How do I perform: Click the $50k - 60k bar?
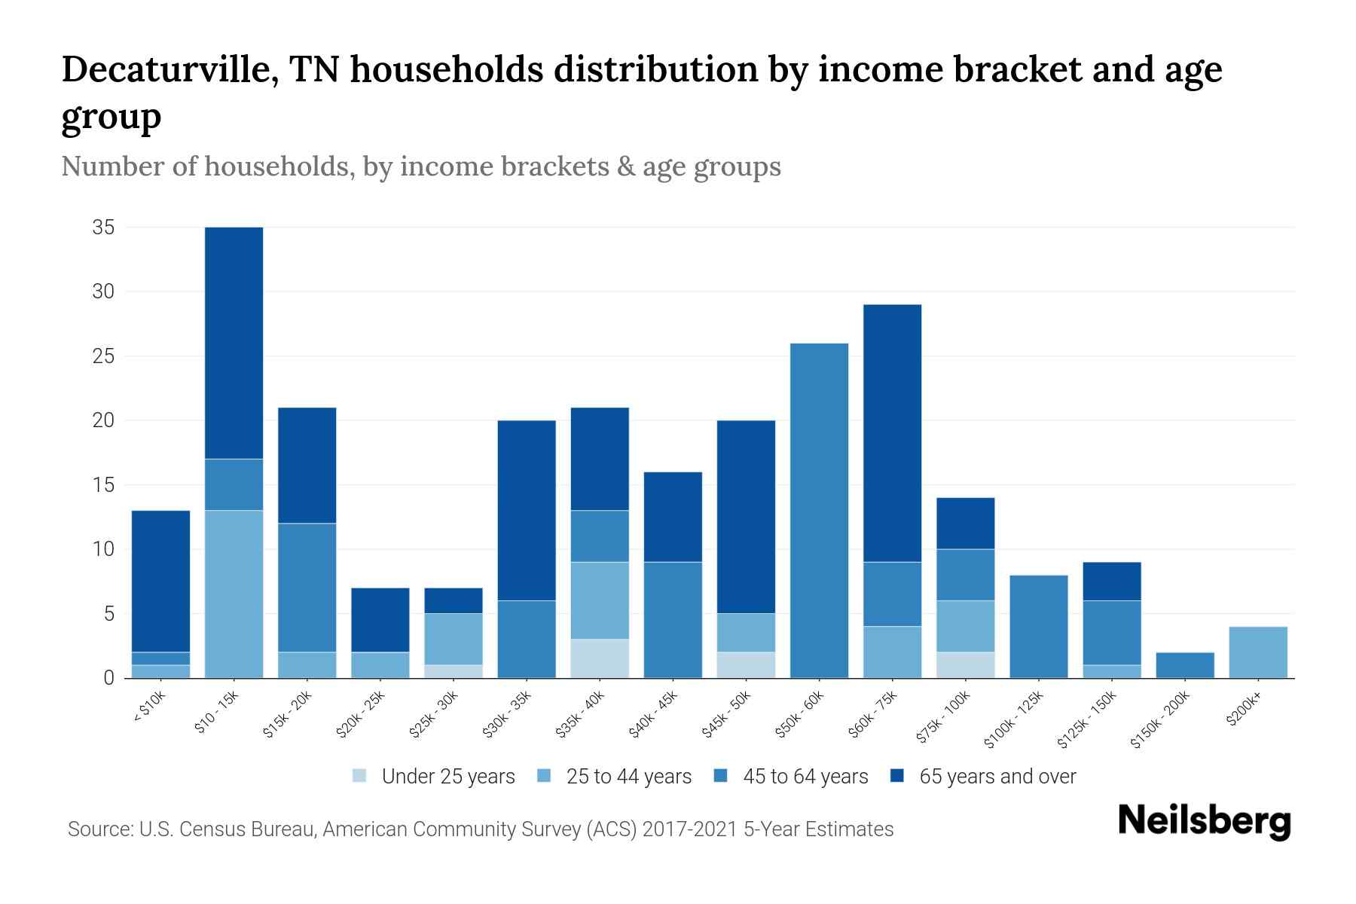click(819, 511)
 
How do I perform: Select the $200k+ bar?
click(1257, 652)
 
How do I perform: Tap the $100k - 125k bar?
click(1038, 627)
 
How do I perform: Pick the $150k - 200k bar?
click(1184, 665)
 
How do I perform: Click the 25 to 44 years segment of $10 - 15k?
click(234, 594)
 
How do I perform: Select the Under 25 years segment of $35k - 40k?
click(600, 658)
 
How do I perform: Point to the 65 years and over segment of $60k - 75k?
click(892, 433)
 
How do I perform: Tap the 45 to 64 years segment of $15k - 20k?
click(307, 588)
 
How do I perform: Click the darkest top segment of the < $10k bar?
click(160, 581)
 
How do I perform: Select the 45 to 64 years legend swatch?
click(721, 776)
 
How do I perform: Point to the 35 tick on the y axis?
click(103, 228)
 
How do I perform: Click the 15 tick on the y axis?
click(103, 485)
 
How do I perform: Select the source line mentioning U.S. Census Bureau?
click(480, 829)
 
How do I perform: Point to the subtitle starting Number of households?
click(420, 166)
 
